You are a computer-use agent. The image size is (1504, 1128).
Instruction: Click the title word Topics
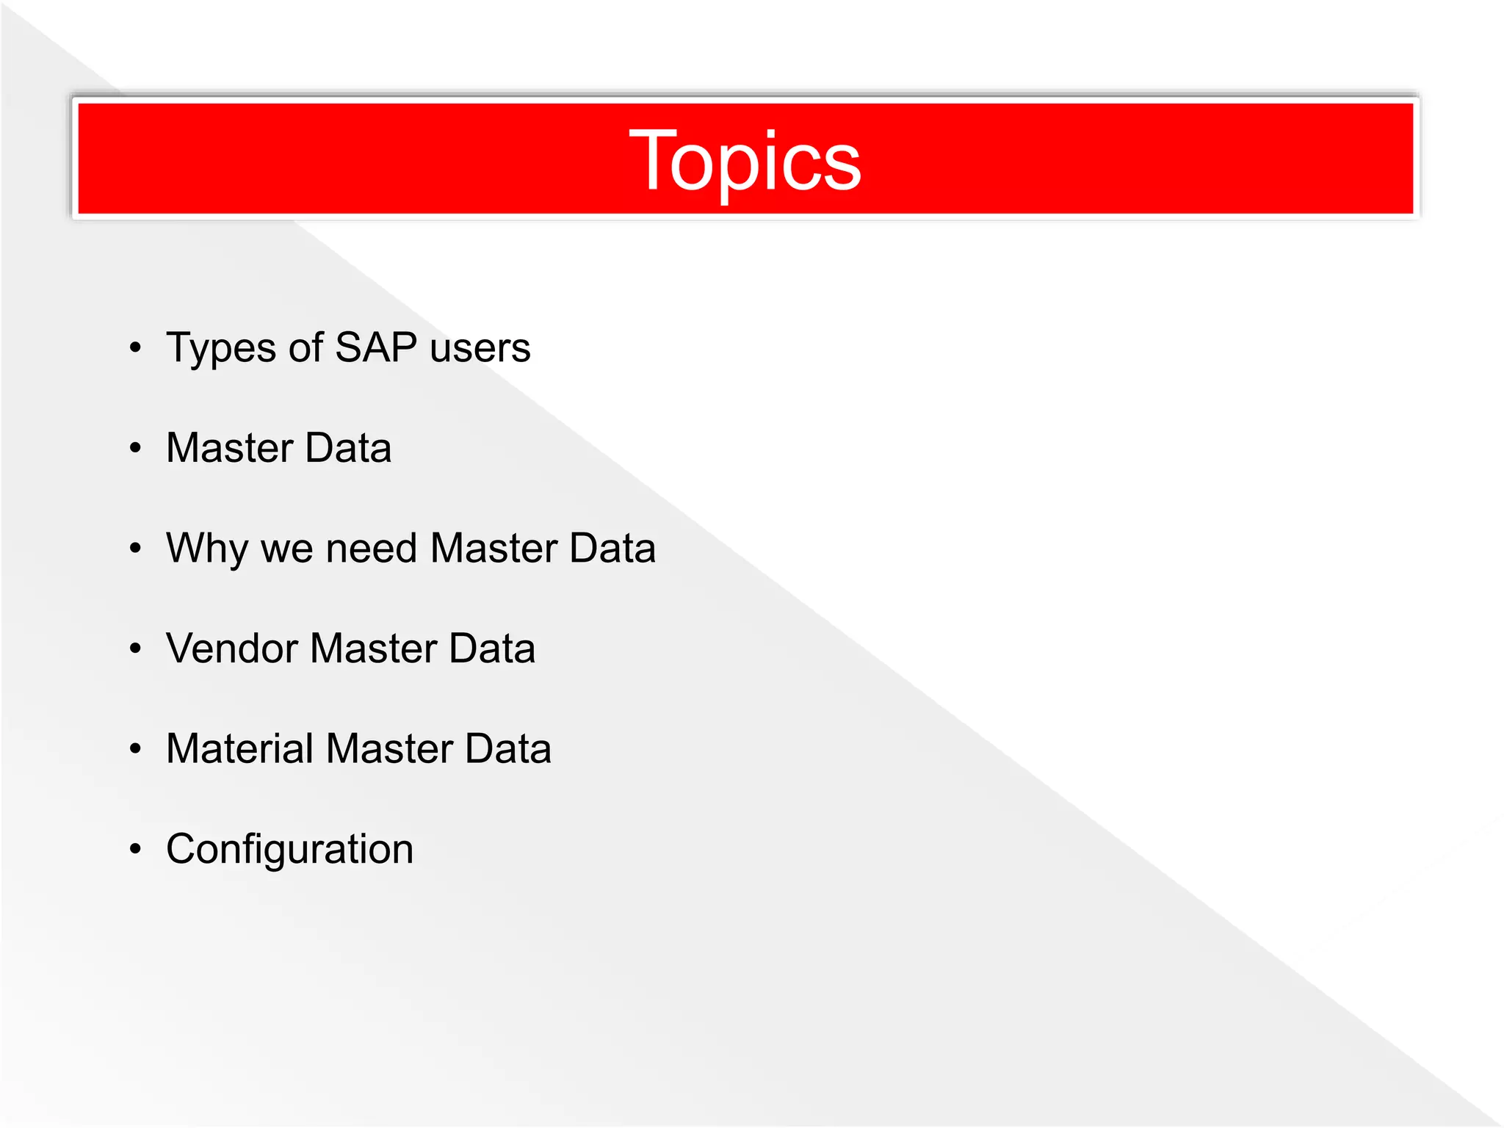(745, 161)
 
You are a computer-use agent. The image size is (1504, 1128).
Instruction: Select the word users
(480, 348)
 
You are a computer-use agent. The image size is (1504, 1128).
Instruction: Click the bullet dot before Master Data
(135, 447)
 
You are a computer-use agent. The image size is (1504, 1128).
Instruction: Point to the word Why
(207, 549)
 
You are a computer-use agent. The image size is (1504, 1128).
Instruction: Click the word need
(371, 548)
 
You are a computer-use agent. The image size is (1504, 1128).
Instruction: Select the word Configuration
(289, 850)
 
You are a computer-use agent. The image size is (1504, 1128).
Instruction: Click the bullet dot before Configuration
(135, 849)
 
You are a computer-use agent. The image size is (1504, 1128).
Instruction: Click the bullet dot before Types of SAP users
(135, 347)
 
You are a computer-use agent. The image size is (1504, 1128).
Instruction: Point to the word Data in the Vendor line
(492, 648)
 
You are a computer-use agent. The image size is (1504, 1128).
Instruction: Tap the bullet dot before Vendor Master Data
(135, 648)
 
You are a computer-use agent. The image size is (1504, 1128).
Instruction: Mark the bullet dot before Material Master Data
(135, 748)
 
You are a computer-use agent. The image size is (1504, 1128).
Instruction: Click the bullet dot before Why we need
(135, 548)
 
